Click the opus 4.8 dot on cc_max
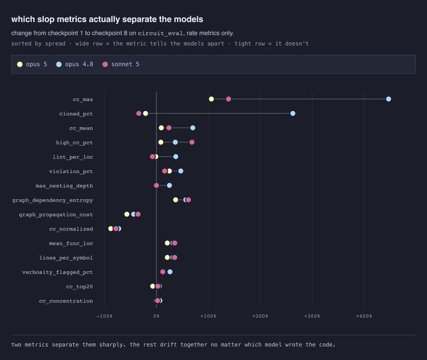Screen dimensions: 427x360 pos(388,99)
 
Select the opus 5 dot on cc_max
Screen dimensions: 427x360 pos(212,99)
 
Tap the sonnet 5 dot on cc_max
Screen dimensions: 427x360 pos(229,99)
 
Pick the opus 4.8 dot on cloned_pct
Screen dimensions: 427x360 pos(293,113)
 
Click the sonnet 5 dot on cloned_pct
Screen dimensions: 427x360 pos(139,113)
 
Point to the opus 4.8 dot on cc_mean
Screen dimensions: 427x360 pos(193,128)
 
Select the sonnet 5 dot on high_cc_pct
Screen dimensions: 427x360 pos(192,142)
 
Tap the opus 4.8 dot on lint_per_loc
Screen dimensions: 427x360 pos(176,156)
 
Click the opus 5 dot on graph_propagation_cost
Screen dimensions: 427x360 pos(127,214)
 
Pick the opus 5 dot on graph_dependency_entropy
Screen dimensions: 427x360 pos(175,200)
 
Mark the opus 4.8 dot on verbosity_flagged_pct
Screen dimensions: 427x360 pos(170,271)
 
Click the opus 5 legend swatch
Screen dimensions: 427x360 pos(19,64)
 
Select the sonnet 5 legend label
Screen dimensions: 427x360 pos(125,64)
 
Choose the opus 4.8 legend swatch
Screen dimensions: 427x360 pos(59,64)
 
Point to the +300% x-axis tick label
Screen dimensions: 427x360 pos(312,316)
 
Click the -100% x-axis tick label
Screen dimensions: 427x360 pos(104,316)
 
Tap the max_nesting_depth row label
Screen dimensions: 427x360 pos(64,186)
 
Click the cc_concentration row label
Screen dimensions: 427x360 pos(66,301)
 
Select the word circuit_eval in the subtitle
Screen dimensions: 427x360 pos(160,33)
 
